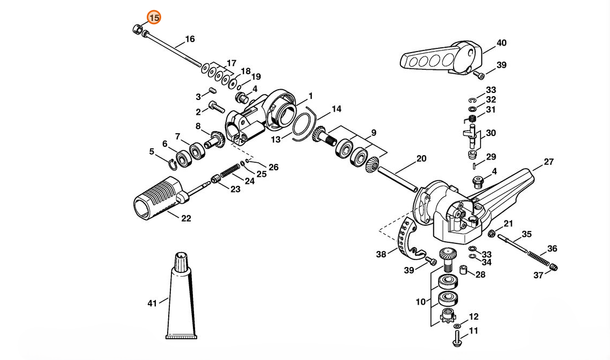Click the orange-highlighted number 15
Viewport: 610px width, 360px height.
point(154,18)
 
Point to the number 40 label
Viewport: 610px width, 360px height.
point(501,43)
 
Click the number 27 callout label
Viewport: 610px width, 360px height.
point(549,162)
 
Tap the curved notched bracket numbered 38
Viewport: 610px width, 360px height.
point(406,240)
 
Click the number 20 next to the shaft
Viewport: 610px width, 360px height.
point(421,159)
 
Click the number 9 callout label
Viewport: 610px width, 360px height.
point(374,133)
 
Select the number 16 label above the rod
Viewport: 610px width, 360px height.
point(190,39)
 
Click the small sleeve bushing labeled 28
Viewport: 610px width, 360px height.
point(463,269)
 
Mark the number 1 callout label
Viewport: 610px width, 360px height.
point(311,96)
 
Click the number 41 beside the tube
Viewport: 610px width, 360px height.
point(152,303)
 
